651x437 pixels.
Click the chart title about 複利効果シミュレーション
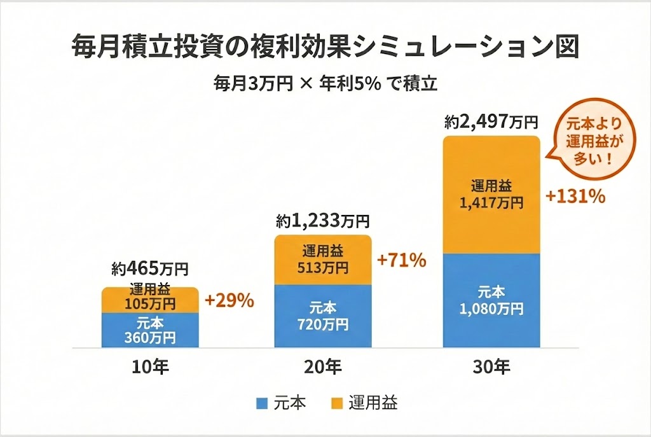325,47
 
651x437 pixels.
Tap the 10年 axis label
150,368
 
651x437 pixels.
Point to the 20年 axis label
323,368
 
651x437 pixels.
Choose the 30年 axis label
491,368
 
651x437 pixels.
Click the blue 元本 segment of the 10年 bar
150,330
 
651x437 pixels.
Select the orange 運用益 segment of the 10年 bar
150,300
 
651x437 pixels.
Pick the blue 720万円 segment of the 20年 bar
323,316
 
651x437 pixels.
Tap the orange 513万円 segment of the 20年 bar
323,260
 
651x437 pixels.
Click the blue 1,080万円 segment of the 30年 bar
491,301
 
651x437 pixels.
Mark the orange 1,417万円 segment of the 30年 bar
491,194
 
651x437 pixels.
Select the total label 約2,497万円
491,122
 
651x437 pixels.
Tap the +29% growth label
230,301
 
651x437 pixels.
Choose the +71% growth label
401,260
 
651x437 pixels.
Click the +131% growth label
575,197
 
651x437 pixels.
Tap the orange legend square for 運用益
337,403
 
